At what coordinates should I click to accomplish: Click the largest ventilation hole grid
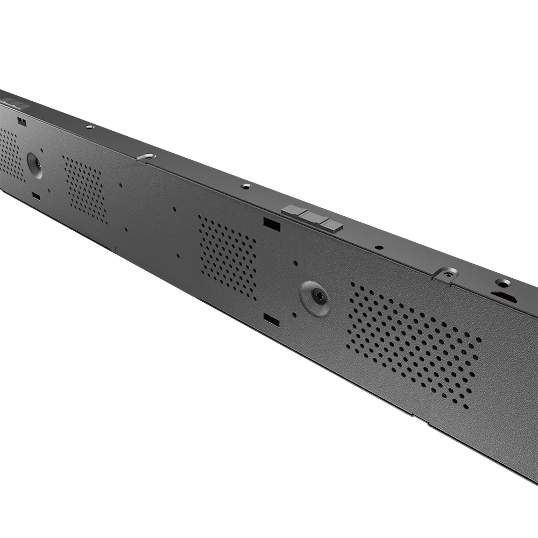[x=413, y=344]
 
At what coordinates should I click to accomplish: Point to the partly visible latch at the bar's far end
[x=15, y=104]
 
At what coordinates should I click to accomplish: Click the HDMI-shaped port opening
[x=504, y=296]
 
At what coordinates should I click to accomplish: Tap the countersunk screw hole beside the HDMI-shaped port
[x=504, y=282]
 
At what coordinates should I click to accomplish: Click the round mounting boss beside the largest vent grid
[x=315, y=297]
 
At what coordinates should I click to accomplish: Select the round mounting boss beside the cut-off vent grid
[x=34, y=164]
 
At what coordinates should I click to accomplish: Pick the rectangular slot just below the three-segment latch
[x=272, y=224]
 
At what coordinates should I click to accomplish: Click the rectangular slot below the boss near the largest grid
[x=272, y=321]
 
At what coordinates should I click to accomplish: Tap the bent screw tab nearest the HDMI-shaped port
[x=446, y=274]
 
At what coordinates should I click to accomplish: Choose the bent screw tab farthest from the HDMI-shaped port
[x=146, y=157]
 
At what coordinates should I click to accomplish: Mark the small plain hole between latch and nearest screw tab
[x=379, y=247]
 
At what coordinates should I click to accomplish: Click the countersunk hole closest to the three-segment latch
[x=246, y=186]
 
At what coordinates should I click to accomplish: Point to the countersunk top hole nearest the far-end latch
[x=90, y=127]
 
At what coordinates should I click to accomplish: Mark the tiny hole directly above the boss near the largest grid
[x=295, y=263]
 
